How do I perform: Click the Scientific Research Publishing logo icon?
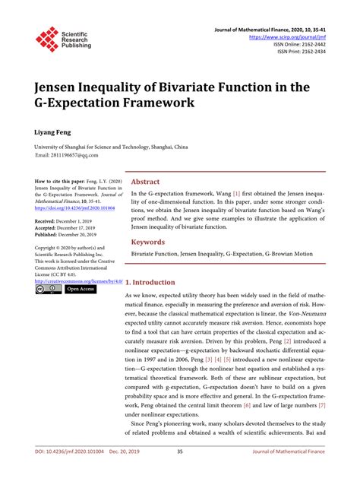pos(48,38)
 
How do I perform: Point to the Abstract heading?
pos(145,182)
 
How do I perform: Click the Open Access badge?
pos(80,289)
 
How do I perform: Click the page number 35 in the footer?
pos(180,474)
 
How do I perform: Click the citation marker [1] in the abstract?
pos(237,195)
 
